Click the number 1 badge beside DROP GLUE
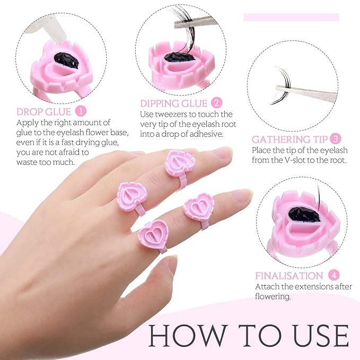[x=81, y=112]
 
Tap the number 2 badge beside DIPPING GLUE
[x=216, y=103]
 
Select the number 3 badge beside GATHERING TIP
[x=335, y=139]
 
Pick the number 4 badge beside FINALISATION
[x=333, y=276]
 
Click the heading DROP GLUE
[x=45, y=112]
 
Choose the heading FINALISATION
[x=289, y=276]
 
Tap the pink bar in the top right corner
[x=291, y=17]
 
